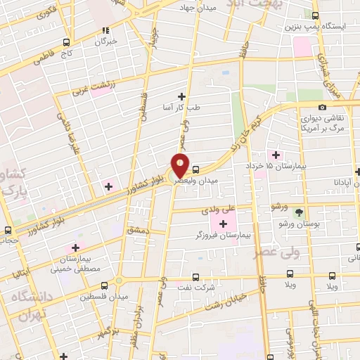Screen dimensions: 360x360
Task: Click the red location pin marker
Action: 180,167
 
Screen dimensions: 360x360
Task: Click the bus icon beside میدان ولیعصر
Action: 195,169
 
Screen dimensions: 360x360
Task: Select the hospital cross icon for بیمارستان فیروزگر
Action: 224,224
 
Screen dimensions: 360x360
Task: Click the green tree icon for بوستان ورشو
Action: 300,212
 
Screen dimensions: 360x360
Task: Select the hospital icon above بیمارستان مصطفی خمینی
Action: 75,249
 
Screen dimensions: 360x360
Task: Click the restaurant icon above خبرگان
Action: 106,30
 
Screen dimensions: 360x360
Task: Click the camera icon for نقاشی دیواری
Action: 322,107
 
